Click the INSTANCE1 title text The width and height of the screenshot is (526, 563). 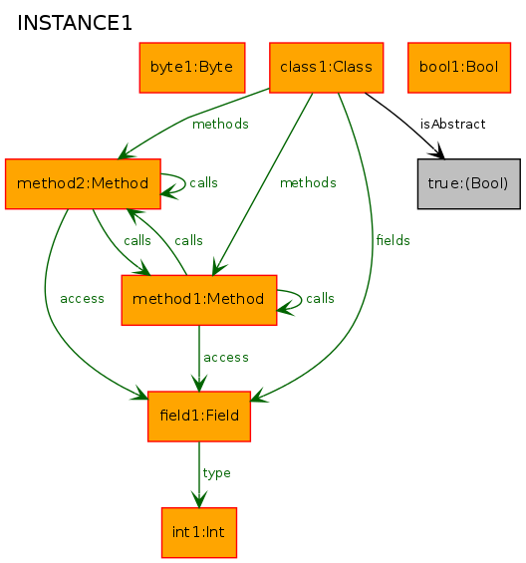(75, 23)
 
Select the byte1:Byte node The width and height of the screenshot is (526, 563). (192, 68)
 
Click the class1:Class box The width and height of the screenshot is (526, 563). (327, 68)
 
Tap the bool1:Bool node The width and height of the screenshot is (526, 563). (459, 68)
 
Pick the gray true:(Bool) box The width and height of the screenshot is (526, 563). (469, 183)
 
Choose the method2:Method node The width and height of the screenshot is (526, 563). (83, 183)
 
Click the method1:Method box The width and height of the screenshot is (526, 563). (199, 300)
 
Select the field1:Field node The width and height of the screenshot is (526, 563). (199, 417)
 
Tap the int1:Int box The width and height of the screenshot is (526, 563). (199, 532)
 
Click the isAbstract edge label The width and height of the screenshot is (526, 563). (452, 125)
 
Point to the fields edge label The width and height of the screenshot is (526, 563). (393, 240)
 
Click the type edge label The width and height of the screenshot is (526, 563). (216, 473)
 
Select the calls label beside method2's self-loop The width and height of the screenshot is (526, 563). (203, 182)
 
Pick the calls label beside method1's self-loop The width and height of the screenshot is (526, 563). (320, 298)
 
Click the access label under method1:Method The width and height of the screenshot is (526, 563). (226, 358)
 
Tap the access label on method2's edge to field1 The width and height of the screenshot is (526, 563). (82, 299)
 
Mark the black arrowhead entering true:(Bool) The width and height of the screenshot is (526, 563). (437, 151)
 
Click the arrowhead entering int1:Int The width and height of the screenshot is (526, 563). (199, 499)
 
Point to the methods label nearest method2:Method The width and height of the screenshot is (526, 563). (220, 125)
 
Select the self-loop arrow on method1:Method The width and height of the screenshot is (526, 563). (301, 299)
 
